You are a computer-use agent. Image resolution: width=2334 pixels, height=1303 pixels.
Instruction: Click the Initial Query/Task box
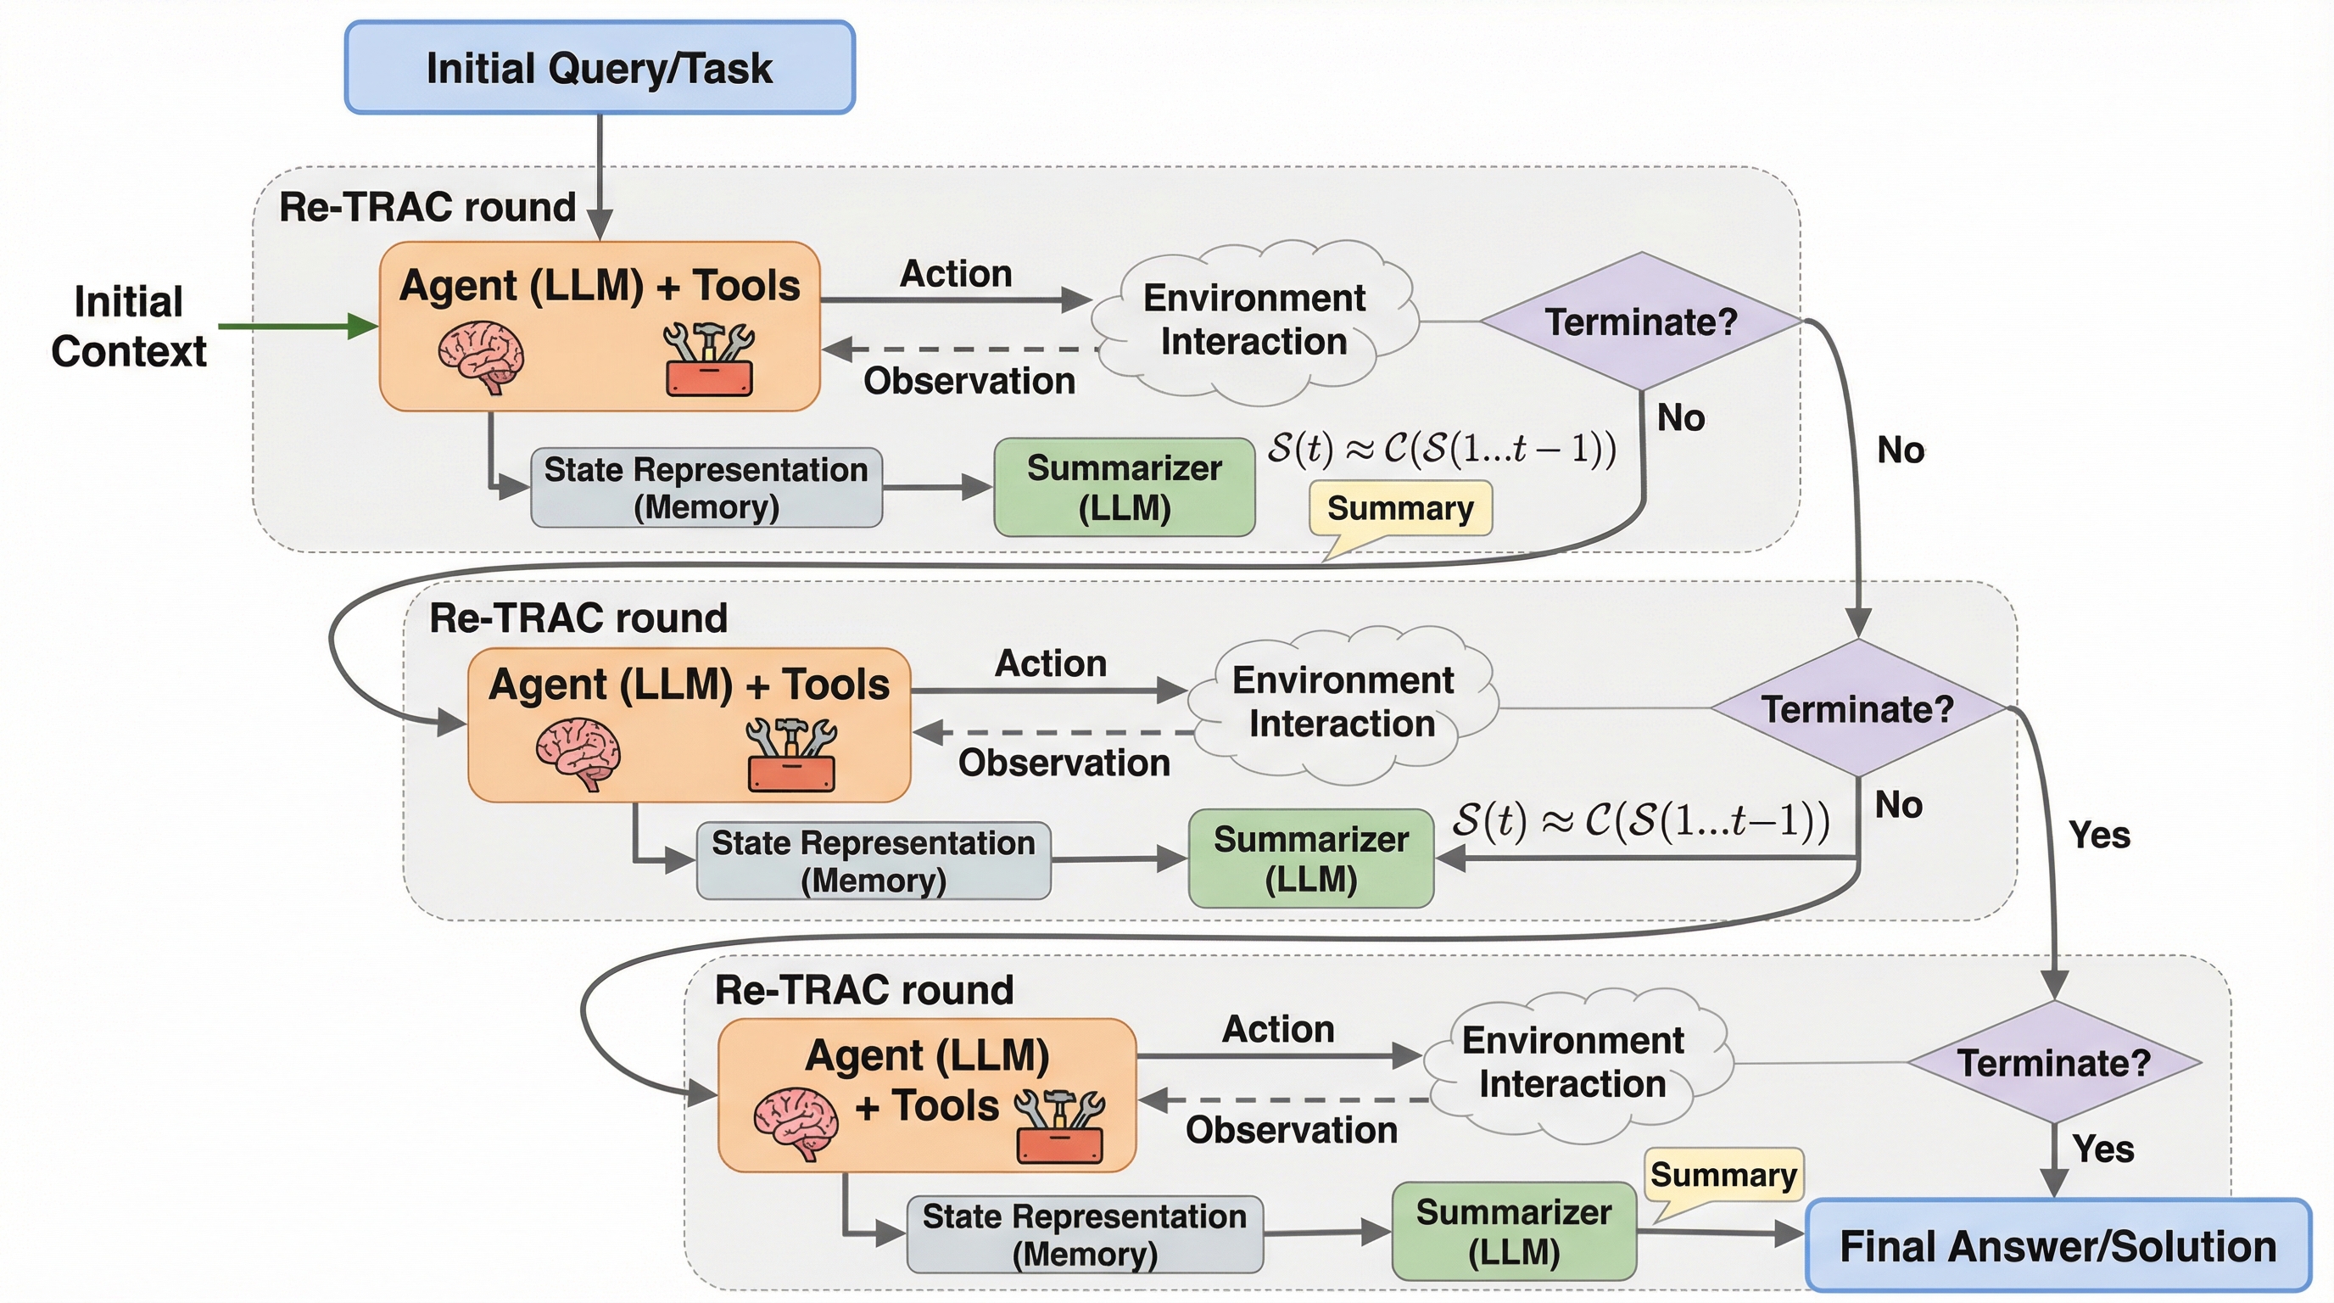click(x=600, y=68)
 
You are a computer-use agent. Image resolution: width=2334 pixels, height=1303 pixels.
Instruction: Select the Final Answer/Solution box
click(x=2058, y=1246)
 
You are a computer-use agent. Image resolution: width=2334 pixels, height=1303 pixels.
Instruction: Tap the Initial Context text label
click(x=129, y=327)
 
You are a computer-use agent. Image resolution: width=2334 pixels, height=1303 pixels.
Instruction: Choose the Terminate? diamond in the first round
click(x=1641, y=322)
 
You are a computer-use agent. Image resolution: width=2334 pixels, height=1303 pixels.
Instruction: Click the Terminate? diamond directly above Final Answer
click(x=2053, y=1062)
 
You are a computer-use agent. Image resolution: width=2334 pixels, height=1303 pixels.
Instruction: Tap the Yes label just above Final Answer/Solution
click(x=2103, y=1149)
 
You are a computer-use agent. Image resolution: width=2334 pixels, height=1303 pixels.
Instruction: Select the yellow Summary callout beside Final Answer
click(x=1723, y=1176)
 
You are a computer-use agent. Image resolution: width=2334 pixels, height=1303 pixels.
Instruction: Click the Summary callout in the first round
click(x=1400, y=509)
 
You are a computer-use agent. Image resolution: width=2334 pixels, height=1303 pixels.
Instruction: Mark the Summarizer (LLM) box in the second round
click(x=1311, y=858)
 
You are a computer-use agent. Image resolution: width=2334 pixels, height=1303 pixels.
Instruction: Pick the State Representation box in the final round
click(x=1085, y=1234)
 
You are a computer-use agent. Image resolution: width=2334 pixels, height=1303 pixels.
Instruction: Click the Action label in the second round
click(x=1051, y=663)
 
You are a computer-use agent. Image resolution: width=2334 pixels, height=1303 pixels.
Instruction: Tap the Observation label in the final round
click(x=1291, y=1130)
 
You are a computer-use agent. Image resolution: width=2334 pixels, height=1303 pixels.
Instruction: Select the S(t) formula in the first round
click(x=1441, y=449)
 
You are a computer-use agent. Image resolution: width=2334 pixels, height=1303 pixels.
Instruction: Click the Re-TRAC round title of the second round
click(x=578, y=618)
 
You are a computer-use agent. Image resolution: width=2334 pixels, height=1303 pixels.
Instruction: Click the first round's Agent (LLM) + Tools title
click(x=600, y=285)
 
